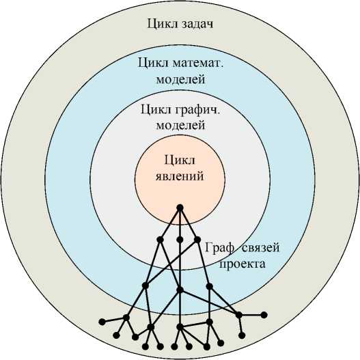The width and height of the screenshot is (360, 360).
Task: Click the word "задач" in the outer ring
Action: click(196, 24)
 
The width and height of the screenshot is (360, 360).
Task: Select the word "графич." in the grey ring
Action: click(197, 110)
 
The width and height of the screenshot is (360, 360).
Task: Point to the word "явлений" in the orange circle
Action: click(180, 177)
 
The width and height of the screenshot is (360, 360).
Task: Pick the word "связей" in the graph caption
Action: click(261, 248)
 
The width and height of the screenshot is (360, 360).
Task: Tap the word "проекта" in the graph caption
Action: click(243, 264)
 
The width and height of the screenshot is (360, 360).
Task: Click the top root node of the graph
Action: click(180, 208)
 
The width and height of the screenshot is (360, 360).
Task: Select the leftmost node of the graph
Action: click(102, 322)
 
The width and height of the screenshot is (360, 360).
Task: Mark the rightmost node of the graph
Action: click(264, 315)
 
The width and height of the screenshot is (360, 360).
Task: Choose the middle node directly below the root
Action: click(180, 240)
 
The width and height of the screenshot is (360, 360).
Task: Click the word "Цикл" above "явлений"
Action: click(180, 161)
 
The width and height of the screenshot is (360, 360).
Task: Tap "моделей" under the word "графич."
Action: click(180, 126)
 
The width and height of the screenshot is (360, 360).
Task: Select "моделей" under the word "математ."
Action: click(180, 79)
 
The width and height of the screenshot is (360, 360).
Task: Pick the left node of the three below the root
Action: click(160, 240)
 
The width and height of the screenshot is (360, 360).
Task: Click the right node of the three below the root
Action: click(197, 240)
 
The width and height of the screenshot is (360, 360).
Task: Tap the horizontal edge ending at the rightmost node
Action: click(251, 315)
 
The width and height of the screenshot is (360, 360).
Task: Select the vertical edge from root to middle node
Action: click(180, 224)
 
